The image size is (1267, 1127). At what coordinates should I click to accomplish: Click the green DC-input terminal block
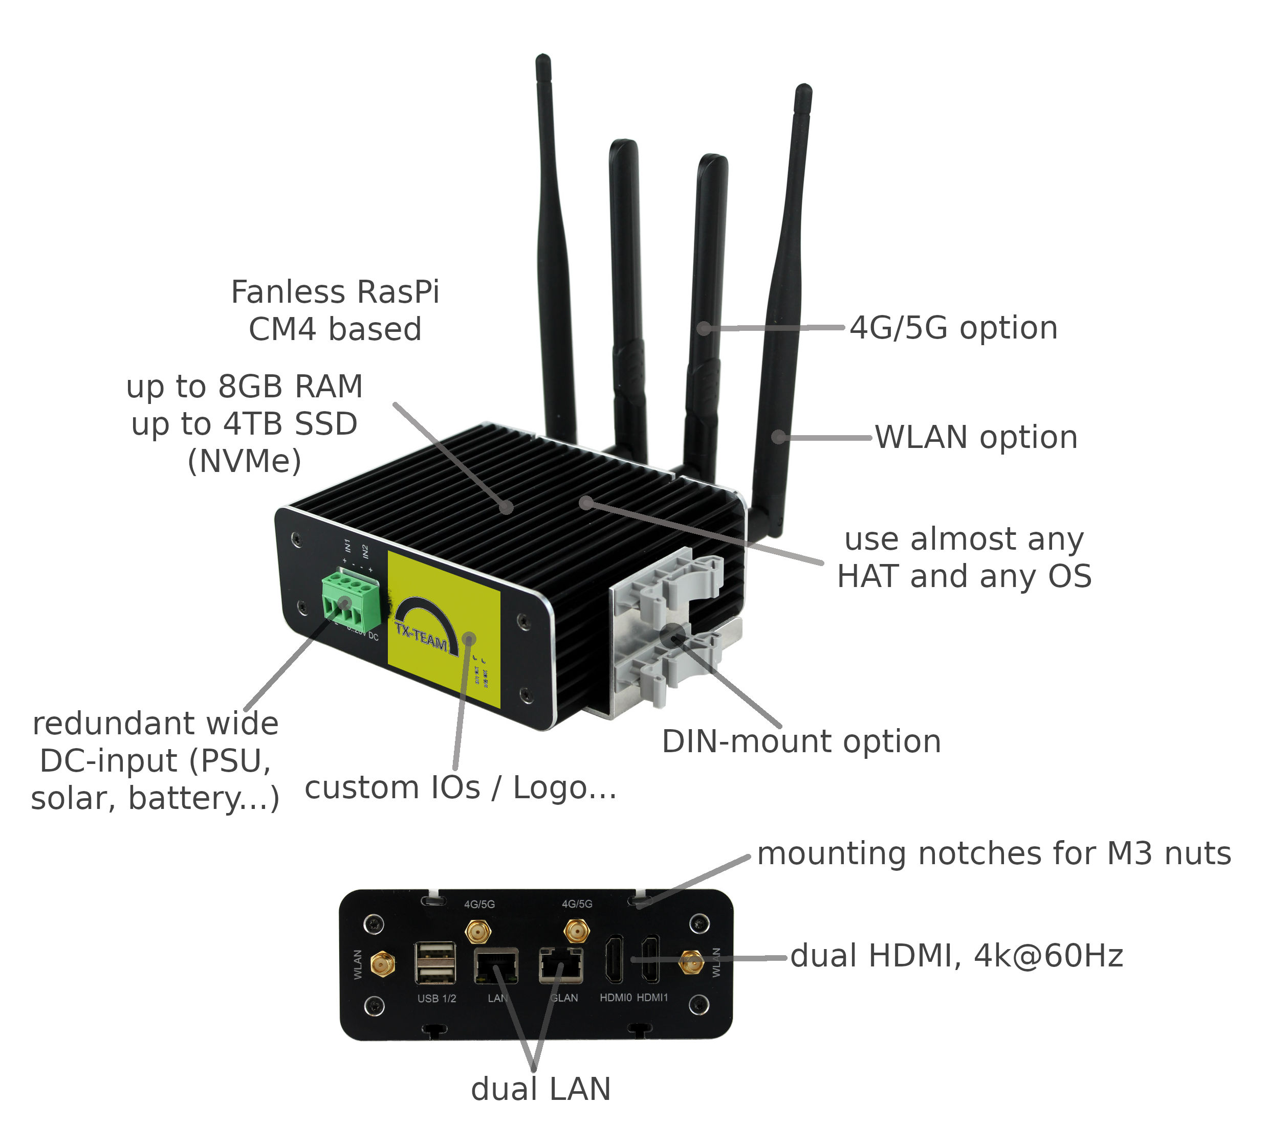350,600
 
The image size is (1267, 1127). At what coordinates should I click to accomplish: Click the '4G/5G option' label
953,328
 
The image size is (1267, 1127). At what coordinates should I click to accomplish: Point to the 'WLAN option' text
976,437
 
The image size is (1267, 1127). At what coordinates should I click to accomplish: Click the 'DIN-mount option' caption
801,741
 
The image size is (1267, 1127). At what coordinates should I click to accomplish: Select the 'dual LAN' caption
540,1089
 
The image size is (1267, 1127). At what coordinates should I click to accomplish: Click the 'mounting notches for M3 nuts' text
994,854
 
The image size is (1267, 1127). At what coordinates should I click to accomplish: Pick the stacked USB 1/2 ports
435,962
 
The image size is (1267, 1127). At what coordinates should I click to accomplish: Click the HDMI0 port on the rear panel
614,958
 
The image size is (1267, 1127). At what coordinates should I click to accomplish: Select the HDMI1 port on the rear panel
650,958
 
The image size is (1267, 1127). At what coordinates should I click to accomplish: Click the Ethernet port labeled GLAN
560,965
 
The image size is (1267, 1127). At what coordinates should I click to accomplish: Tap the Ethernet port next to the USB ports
496,965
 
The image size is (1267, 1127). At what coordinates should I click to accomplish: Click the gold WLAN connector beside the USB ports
382,963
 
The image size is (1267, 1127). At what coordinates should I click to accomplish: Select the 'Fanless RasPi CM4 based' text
335,310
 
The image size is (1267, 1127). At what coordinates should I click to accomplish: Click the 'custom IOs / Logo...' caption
461,788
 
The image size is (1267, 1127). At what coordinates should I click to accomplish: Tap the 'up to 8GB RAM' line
244,387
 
